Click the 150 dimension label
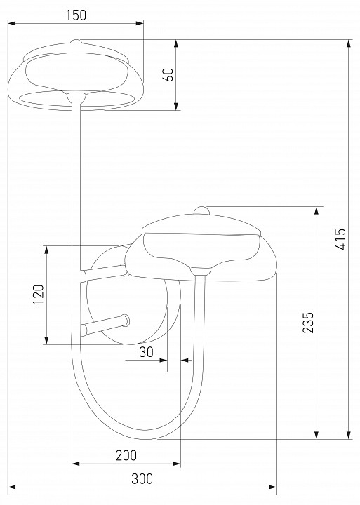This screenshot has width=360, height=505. point(76,15)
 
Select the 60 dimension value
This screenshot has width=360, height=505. point(170,75)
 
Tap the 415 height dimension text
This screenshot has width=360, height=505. point(340,239)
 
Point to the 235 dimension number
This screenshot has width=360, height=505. point(308,322)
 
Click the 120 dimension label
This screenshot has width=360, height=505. point(39,294)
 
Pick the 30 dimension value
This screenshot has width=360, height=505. point(147,352)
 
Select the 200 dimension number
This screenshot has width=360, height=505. point(126,455)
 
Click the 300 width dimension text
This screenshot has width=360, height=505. point(142,479)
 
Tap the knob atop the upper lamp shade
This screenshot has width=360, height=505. point(76,41)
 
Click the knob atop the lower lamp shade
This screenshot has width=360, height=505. point(202,210)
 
